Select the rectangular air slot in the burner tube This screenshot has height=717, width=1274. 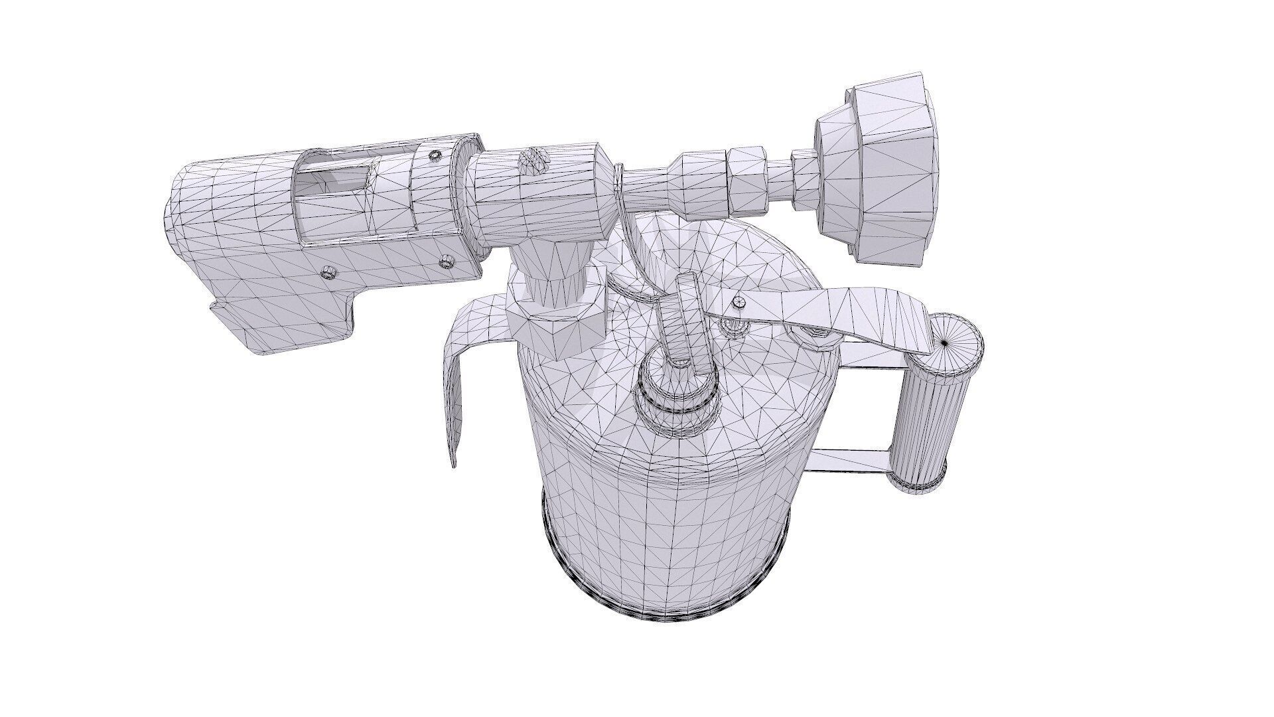point(332,179)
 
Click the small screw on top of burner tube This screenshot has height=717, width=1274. point(435,156)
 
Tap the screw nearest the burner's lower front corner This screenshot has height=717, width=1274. point(327,272)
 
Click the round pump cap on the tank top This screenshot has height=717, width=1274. point(677,392)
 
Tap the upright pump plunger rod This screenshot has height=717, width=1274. point(687,319)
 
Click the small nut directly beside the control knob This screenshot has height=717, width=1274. point(804,176)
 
